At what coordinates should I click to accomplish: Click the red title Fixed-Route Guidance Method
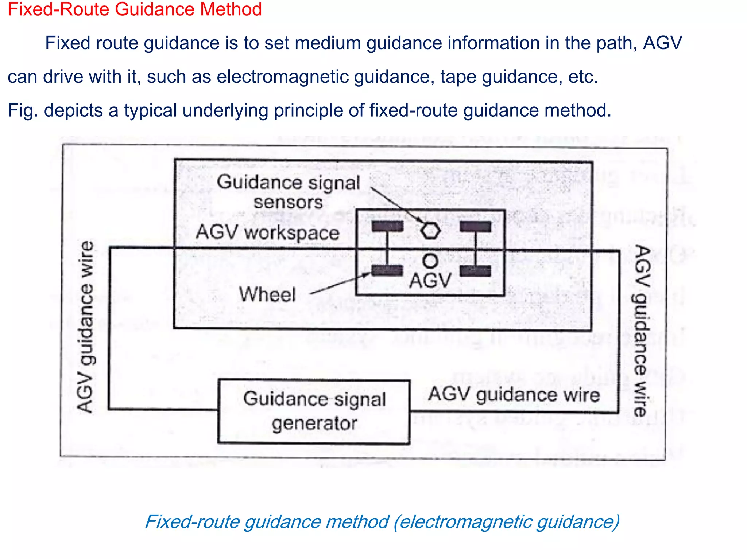[x=135, y=9]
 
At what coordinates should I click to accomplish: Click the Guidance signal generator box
[x=314, y=411]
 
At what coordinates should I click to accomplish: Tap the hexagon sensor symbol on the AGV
[x=430, y=231]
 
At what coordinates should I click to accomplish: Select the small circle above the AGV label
[x=430, y=261]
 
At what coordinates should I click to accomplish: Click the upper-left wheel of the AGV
[x=387, y=226]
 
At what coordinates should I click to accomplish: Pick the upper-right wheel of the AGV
[x=475, y=227]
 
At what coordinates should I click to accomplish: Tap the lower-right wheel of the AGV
[x=475, y=271]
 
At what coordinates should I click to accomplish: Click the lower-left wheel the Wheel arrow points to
[x=387, y=271]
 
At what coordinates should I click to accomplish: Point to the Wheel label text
[x=267, y=294]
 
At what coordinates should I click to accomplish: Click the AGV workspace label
[x=267, y=232]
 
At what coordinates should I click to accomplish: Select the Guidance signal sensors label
[x=288, y=192]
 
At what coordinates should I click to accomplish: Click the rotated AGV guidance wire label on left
[x=86, y=327]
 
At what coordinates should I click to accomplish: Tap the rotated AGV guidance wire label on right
[x=642, y=331]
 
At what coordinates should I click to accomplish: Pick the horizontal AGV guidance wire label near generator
[x=514, y=395]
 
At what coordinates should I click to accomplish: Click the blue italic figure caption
[x=382, y=521]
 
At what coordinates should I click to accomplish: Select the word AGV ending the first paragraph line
[x=662, y=43]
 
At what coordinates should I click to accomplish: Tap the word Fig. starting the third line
[x=23, y=110]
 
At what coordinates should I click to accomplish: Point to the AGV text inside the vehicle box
[x=430, y=281]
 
